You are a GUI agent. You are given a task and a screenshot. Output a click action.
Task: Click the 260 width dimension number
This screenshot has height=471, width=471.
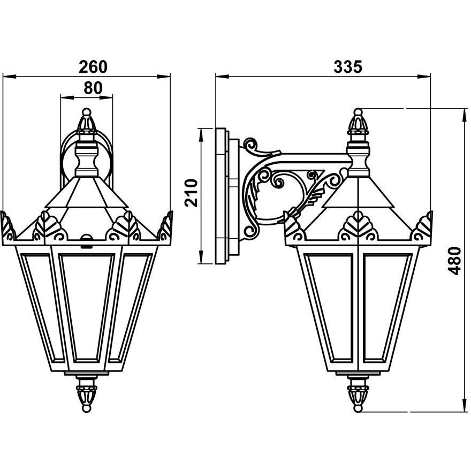click(x=93, y=66)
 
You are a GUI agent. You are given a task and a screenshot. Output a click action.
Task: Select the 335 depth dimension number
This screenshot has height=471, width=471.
click(x=348, y=66)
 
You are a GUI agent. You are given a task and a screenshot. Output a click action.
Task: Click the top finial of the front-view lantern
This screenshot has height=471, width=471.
click(x=86, y=122)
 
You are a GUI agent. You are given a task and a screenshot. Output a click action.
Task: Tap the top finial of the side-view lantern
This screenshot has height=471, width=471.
click(x=358, y=122)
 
